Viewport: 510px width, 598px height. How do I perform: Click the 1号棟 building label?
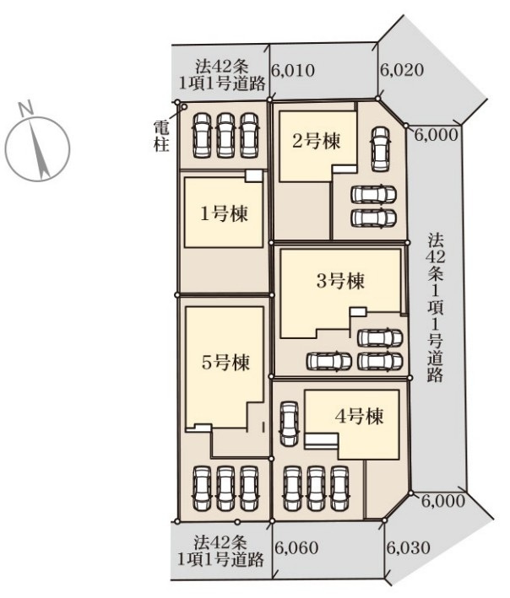[x=225, y=214]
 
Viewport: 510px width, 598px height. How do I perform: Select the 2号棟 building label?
[x=317, y=142]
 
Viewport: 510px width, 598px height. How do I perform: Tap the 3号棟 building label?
[x=341, y=281]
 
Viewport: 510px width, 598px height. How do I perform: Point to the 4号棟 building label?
[x=359, y=417]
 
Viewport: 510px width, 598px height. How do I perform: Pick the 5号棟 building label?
[x=226, y=362]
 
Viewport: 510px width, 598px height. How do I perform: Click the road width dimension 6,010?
[x=293, y=71]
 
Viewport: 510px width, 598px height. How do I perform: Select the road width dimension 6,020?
[x=403, y=70]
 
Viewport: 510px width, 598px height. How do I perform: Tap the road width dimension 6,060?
[x=296, y=548]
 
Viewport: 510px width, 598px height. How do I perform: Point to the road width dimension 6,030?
[x=409, y=548]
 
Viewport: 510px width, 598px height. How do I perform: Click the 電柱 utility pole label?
[x=161, y=136]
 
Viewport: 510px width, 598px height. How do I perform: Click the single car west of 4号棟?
[x=289, y=423]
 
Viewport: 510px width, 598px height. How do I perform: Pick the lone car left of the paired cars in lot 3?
[x=329, y=361]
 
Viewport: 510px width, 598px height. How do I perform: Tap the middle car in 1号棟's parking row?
[x=225, y=136]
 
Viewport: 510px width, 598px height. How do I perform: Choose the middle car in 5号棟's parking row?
[x=225, y=488]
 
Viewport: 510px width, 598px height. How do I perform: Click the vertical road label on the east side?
[x=436, y=308]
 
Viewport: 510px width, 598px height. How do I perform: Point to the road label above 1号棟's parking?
[x=222, y=75]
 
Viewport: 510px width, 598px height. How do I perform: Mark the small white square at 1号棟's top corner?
[x=254, y=175]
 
